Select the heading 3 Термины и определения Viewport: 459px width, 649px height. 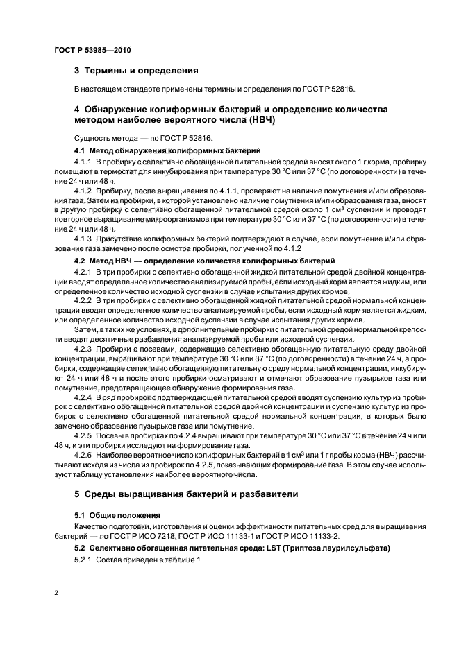pos(136,71)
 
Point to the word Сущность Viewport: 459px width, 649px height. pos(93,139)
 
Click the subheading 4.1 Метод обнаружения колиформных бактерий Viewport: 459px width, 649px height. pos(167,150)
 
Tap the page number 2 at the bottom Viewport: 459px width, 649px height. pos(56,594)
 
